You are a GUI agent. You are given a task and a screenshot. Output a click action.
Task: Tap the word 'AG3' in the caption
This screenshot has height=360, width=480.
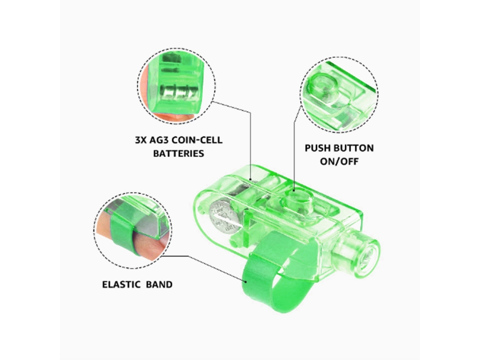[x=159, y=140]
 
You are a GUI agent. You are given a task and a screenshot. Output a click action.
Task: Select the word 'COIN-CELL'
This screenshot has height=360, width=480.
[x=197, y=140]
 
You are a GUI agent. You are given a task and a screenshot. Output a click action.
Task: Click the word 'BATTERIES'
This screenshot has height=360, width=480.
[x=179, y=153]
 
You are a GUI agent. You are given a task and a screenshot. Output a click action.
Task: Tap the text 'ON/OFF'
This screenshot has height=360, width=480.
[x=339, y=161]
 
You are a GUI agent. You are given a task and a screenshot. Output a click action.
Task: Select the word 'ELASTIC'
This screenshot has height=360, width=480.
[x=121, y=285]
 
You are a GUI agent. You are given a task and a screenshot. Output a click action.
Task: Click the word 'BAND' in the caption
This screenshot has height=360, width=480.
[x=159, y=285]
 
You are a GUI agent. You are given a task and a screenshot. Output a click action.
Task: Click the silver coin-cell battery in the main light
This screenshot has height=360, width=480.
[x=224, y=216]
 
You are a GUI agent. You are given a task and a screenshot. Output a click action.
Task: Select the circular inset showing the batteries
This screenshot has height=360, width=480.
[x=177, y=86]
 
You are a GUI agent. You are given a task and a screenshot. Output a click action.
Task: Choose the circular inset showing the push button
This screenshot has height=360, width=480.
[x=339, y=95]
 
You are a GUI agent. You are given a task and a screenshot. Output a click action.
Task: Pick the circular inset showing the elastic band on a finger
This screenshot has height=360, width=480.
[x=133, y=230]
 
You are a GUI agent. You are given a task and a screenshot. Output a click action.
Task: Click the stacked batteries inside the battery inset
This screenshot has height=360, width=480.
[x=177, y=92]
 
